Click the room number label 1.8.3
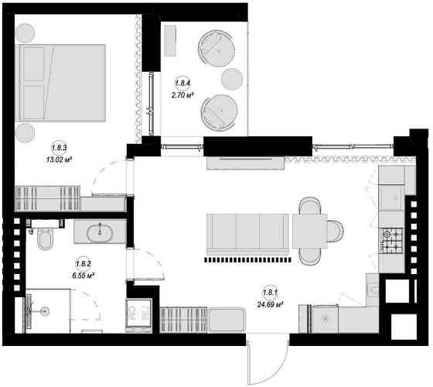(59, 148)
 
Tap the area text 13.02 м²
(60, 159)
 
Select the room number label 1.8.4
(182, 84)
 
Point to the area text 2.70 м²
(182, 96)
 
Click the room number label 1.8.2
(84, 264)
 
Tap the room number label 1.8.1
(271, 293)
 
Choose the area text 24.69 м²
(271, 305)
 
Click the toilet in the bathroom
(45, 238)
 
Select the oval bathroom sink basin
(100, 233)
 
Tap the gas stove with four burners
(391, 241)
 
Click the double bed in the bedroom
(60, 83)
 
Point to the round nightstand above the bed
(25, 33)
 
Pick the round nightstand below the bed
(25, 133)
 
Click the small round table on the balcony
(232, 79)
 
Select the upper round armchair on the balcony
(216, 48)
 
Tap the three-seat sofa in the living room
(247, 235)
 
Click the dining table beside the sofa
(310, 231)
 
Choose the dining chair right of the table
(336, 231)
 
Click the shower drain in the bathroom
(44, 311)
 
